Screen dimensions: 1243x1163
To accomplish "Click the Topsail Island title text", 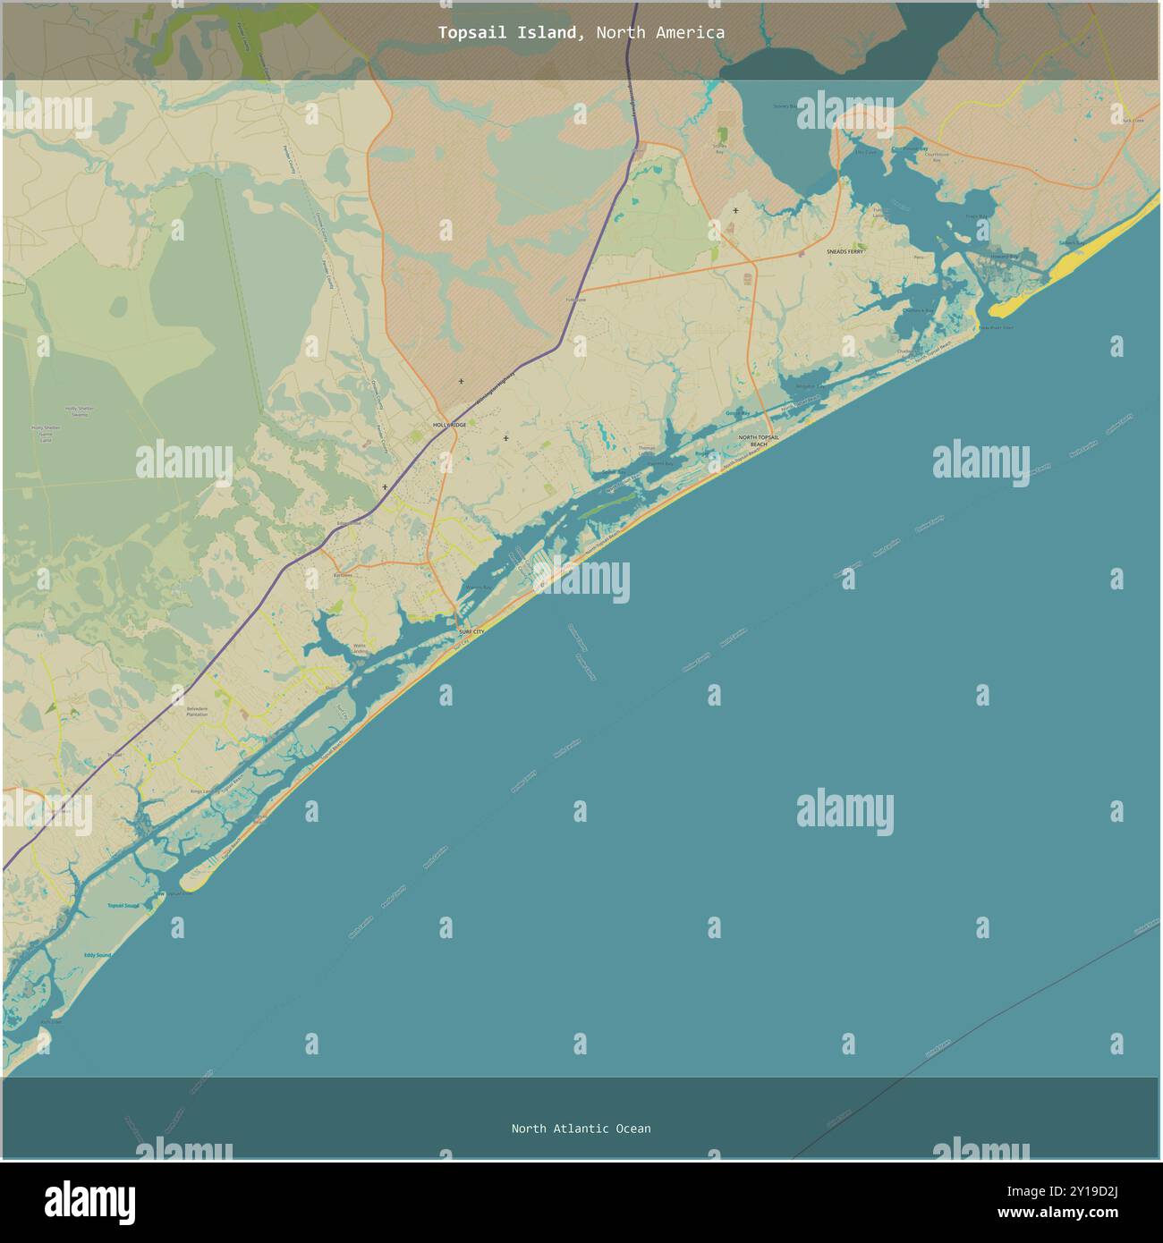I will tap(581, 32).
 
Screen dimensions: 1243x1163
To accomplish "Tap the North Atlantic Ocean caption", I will tap(581, 1129).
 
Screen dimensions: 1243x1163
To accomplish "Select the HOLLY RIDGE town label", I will tap(449, 425).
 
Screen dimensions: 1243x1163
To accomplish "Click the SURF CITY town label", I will tap(471, 632).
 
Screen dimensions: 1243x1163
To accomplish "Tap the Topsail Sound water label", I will tap(124, 906).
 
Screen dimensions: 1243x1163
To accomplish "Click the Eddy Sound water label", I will tap(98, 956).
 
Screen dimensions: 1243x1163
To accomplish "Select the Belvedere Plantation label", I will tap(197, 711).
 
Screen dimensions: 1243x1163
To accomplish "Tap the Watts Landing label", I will tap(360, 647).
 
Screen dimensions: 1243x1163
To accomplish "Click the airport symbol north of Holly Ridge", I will tap(461, 382).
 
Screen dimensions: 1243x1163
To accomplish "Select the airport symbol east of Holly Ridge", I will tap(505, 438).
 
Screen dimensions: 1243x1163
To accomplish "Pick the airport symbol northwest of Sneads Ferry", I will tap(735, 211).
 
